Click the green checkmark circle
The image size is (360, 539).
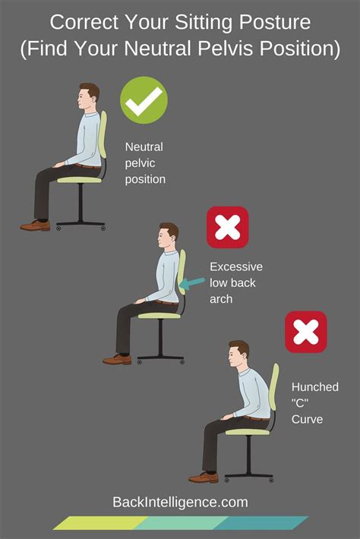click(144, 101)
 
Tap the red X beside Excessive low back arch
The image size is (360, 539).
click(228, 227)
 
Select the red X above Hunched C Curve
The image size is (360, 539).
click(305, 332)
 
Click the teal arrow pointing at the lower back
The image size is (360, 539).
click(194, 282)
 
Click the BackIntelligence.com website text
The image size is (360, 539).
click(179, 502)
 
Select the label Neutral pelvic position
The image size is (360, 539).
click(146, 163)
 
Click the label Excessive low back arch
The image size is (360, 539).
click(235, 283)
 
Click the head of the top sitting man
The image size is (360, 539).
click(88, 96)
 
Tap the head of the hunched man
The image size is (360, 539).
click(240, 355)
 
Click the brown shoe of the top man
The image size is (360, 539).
click(35, 225)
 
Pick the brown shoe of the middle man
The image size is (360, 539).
click(117, 359)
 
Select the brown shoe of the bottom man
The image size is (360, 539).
click(203, 477)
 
